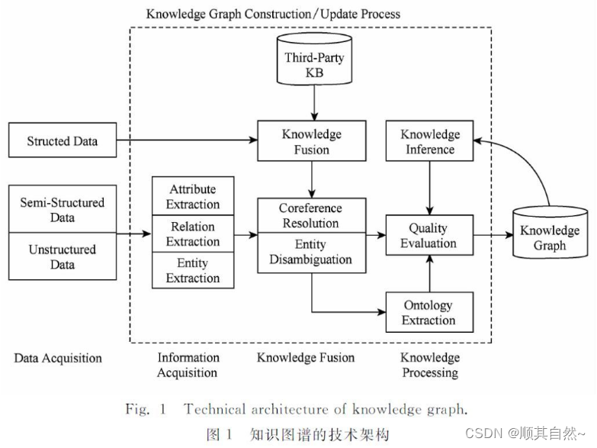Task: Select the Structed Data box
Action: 62,140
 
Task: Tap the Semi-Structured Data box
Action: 62,210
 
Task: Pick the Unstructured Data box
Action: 62,257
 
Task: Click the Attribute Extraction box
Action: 193,196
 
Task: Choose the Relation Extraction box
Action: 193,234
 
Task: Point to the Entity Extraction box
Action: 193,270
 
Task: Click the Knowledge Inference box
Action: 430,141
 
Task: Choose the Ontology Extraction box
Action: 428,312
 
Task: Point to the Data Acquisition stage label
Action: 58,358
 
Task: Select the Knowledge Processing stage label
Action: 430,365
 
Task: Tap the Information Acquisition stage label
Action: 187,365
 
